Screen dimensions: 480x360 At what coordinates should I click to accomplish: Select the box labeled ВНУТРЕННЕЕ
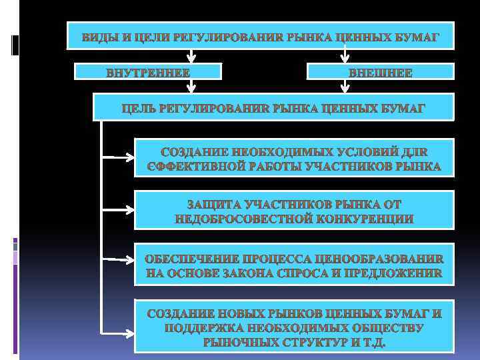point(147,72)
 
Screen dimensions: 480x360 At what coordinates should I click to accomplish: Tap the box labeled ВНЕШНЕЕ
point(380,72)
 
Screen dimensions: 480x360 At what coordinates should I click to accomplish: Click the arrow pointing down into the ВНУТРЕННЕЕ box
point(191,56)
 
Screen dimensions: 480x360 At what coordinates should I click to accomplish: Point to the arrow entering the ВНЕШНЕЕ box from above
point(344,56)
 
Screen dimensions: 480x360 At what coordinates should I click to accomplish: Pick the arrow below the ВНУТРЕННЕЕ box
point(191,86)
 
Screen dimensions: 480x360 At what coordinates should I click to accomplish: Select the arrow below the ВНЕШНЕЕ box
point(344,86)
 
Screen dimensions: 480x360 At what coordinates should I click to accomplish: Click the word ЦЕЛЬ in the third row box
point(139,107)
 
